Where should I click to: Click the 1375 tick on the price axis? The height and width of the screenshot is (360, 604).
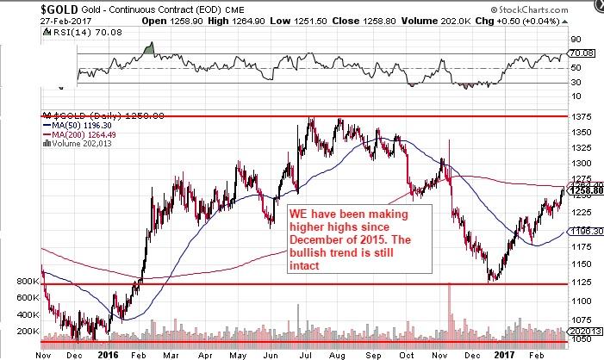point(582,115)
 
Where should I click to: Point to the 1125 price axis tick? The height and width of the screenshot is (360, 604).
point(582,282)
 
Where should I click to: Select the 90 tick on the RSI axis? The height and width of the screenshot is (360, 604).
point(576,40)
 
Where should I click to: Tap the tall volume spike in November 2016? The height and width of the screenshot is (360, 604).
point(449,311)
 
